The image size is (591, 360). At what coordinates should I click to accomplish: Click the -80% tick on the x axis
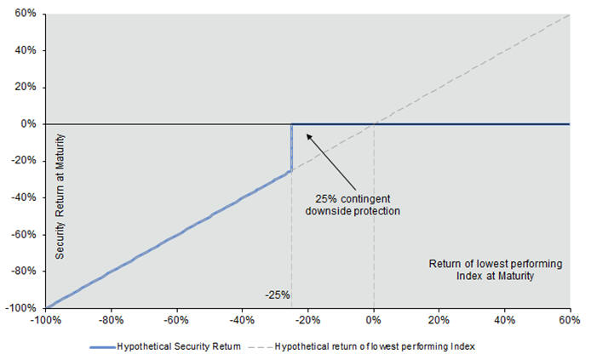111,320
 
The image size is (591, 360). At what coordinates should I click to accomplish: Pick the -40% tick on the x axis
242,320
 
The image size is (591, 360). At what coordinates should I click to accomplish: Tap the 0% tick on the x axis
373,320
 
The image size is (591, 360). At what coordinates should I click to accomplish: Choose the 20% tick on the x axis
439,320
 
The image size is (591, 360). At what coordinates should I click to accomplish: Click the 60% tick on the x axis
569,320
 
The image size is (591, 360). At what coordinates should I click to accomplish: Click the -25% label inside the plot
278,295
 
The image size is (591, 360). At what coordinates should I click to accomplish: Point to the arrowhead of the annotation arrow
307,134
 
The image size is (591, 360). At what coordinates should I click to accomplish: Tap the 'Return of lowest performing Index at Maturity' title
495,270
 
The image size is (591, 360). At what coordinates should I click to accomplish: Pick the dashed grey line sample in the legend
258,346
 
